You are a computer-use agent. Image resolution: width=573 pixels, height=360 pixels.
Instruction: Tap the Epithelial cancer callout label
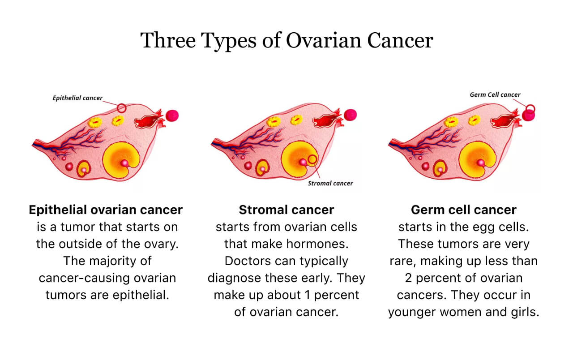click(77, 98)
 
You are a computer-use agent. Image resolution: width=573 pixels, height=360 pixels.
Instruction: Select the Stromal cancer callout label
click(330, 183)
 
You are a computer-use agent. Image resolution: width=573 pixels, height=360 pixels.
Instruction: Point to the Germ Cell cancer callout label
click(495, 94)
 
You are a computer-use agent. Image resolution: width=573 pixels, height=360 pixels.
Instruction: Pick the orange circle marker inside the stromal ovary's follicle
click(312, 159)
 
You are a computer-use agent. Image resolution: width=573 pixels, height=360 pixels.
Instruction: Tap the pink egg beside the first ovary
click(172, 115)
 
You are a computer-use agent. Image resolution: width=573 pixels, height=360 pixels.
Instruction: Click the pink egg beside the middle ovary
click(351, 115)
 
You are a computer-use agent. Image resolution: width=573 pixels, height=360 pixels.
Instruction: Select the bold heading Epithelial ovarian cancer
click(106, 210)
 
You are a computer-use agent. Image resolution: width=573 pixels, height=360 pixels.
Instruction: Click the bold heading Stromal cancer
click(286, 210)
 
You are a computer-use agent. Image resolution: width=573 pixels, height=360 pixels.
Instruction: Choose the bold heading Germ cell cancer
click(464, 210)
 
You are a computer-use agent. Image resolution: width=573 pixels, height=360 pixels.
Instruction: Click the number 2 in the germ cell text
click(408, 278)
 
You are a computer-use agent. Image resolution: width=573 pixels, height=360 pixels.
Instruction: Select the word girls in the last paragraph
click(524, 312)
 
